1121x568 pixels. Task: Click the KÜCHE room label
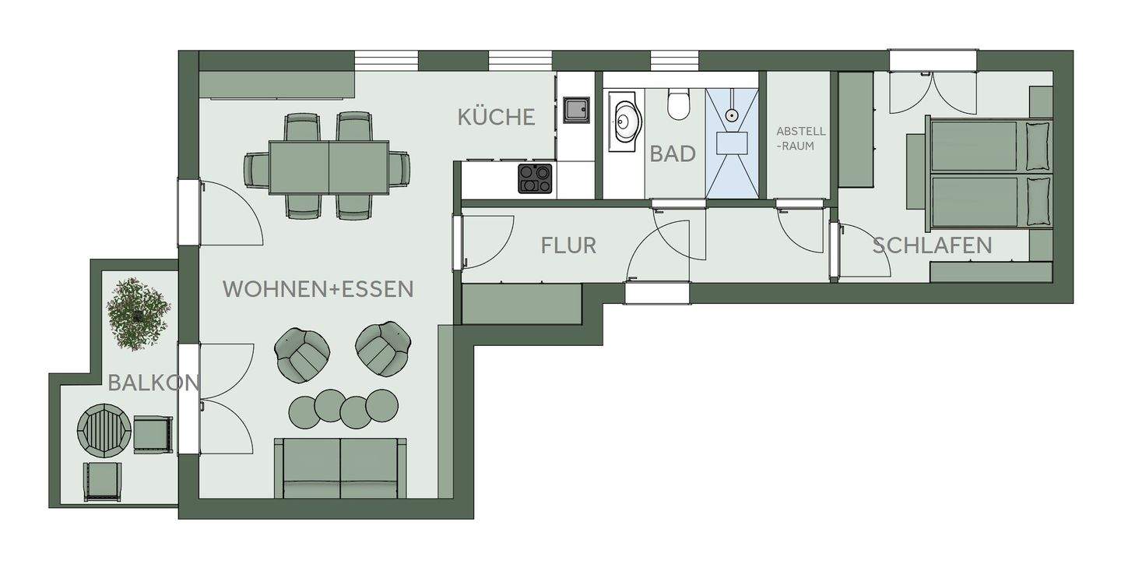[496, 117]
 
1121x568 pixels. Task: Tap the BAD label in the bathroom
[673, 153]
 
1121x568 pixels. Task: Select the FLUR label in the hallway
[568, 245]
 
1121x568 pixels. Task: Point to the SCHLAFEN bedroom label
[932, 245]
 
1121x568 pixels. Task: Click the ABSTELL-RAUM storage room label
[801, 138]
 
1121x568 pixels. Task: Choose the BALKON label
[153, 383]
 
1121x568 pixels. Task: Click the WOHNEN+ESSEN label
[318, 289]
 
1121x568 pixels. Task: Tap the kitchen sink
[577, 110]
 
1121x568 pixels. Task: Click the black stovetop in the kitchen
[536, 178]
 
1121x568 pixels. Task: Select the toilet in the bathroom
[679, 104]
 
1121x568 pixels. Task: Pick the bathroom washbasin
[624, 121]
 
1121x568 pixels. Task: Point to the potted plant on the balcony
[139, 313]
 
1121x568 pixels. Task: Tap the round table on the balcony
[103, 429]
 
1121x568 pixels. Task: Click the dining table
[329, 167]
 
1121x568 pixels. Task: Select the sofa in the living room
[340, 467]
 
